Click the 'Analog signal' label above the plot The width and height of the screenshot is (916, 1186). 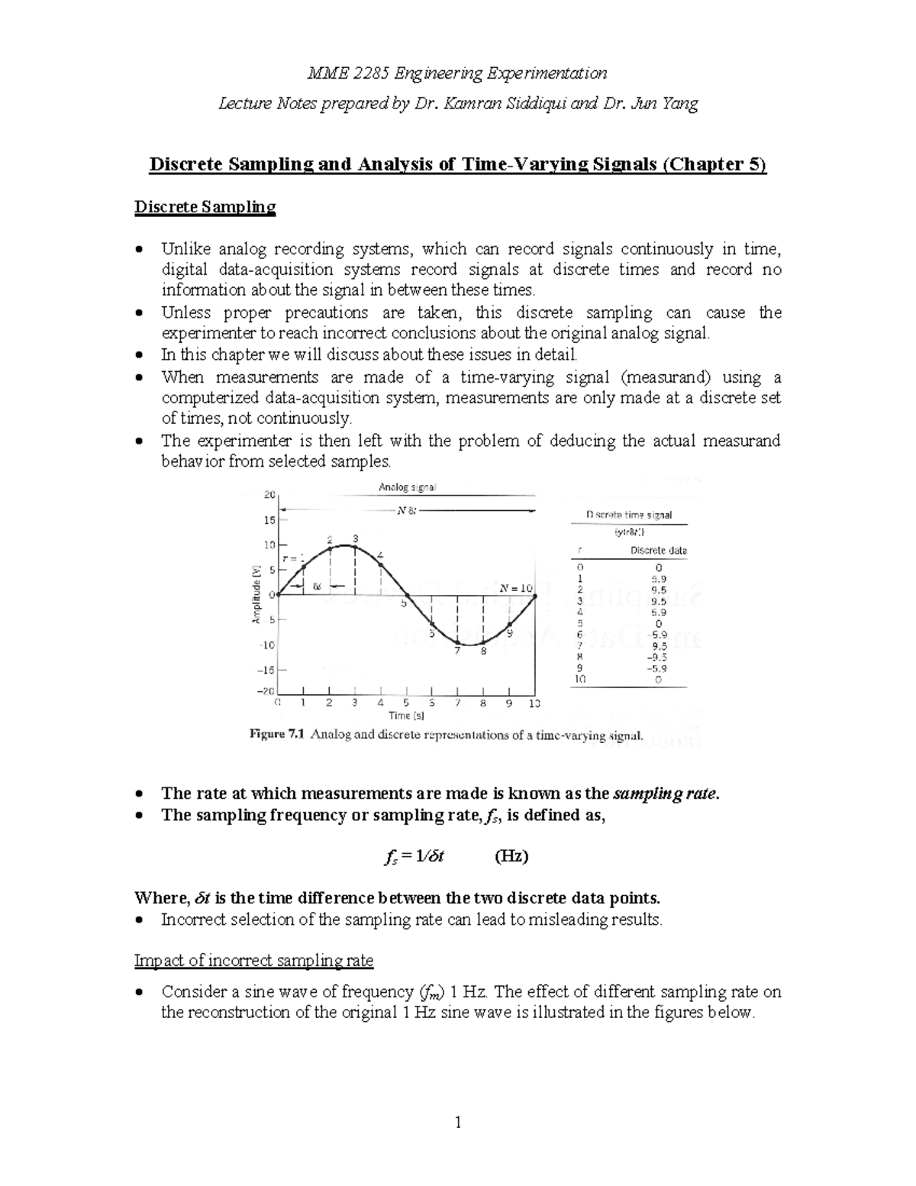point(408,486)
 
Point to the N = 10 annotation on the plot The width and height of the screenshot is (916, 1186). point(516,588)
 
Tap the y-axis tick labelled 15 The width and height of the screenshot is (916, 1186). point(269,520)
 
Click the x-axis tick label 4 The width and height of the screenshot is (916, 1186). point(380,703)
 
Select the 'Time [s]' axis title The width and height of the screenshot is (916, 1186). point(406,716)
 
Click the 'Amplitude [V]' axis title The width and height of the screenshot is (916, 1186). point(257,594)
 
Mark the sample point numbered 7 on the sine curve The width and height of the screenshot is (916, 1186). point(457,641)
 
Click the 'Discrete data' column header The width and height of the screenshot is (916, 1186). point(659,550)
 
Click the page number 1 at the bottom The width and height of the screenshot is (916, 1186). point(458,1122)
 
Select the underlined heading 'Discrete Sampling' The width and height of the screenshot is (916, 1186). point(205,207)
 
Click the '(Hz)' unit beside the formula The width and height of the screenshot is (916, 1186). point(511,855)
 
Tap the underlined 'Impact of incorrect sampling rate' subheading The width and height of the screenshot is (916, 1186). point(253,960)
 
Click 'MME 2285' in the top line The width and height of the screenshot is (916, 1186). point(347,73)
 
